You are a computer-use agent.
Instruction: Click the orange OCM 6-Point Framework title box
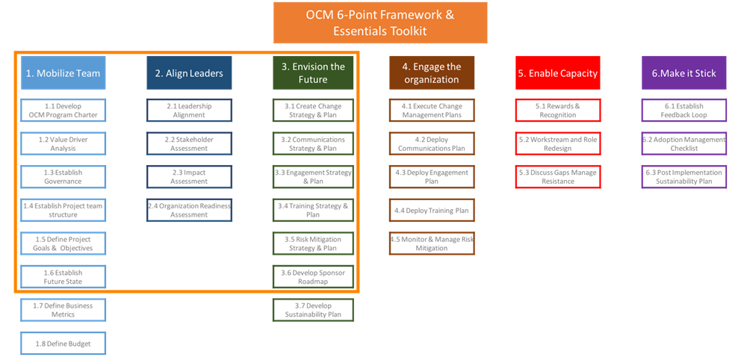379,23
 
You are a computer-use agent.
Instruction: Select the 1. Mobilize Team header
63,73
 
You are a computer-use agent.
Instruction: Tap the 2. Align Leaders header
189,73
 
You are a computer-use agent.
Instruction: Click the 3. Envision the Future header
313,72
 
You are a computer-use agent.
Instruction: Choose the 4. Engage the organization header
431,72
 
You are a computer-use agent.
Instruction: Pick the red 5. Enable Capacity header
558,73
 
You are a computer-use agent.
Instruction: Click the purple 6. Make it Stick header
684,73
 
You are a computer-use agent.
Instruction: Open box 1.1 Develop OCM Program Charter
63,111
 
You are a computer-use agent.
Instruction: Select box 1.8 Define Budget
63,343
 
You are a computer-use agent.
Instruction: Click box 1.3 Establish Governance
63,177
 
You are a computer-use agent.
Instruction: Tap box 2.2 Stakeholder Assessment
189,143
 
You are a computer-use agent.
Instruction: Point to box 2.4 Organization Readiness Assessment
189,210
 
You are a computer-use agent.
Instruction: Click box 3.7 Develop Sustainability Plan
313,310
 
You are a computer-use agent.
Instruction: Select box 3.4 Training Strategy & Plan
313,210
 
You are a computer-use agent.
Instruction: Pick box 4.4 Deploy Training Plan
431,211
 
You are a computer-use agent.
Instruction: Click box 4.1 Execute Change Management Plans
431,111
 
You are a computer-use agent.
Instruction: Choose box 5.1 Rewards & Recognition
557,111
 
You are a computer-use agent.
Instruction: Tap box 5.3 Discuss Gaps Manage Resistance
557,177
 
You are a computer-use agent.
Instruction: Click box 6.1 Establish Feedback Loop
684,111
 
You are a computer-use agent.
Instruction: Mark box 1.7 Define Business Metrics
63,310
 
